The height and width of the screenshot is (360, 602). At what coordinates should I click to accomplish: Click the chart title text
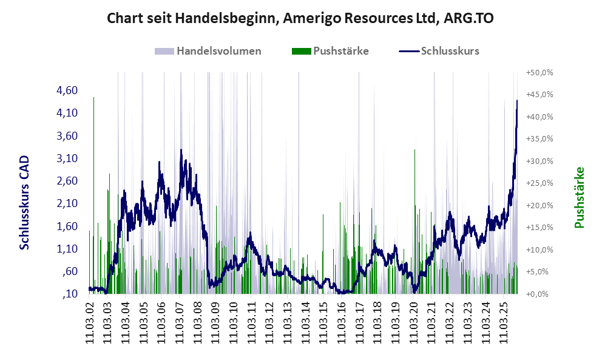tap(300, 18)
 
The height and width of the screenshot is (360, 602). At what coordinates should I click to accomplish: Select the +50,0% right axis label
tap(540, 72)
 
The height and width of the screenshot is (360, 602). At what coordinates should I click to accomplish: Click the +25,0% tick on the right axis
tap(540, 183)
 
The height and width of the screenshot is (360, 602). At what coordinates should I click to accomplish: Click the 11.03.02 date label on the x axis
tap(90, 321)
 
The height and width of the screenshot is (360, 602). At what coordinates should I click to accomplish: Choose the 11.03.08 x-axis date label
tap(197, 321)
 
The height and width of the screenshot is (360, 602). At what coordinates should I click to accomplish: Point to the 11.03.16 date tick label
tap(341, 321)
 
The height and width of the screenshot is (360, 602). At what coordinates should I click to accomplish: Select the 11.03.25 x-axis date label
tap(502, 321)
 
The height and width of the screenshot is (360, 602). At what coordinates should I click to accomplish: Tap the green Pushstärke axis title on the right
tap(579, 197)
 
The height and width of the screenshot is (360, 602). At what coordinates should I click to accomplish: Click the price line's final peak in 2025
tap(516, 101)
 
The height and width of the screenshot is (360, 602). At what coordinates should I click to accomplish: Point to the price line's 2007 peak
tap(181, 151)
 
